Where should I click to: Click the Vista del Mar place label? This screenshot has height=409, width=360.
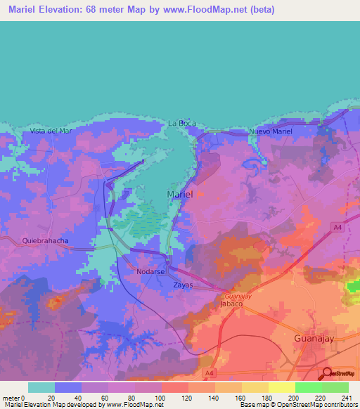51,131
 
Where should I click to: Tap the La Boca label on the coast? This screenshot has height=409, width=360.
181,124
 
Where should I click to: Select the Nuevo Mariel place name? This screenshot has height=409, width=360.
271,131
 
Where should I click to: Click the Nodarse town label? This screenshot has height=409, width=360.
150,271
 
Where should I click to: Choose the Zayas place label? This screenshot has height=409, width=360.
183,285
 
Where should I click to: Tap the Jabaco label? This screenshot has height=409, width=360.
231,304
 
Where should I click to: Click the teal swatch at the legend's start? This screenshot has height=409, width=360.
41,387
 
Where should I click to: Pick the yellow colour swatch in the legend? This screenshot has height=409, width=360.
282,387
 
